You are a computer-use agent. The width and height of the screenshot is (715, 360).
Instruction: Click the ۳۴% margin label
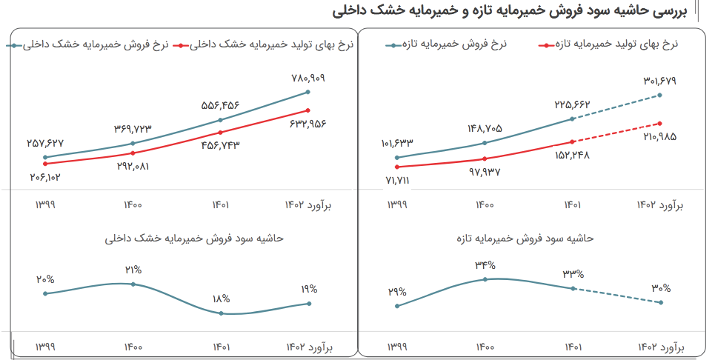pos(486,264)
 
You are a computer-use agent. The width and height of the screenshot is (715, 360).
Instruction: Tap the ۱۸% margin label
pos(222,299)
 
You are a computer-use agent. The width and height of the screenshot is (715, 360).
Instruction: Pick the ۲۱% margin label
pos(133,270)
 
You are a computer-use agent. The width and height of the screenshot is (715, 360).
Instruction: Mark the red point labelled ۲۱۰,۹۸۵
pos(660,124)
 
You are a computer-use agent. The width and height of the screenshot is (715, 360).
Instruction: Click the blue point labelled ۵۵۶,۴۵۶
pos(221,120)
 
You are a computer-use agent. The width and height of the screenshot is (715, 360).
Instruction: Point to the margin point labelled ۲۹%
pos(397,306)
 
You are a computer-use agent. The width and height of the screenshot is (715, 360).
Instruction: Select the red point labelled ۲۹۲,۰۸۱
pos(133,153)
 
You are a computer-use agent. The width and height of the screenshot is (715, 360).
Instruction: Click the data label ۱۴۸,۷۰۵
pos(485,128)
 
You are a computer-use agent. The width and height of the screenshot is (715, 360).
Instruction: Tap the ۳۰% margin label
pos(661,288)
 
